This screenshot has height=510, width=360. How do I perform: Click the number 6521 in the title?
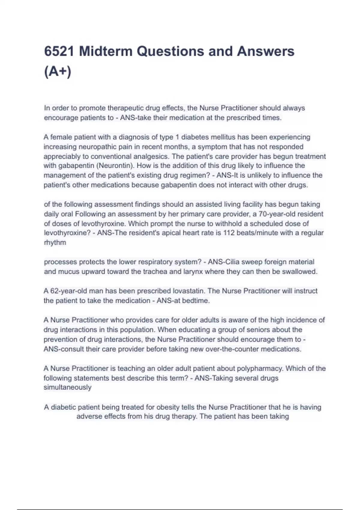click(x=59, y=51)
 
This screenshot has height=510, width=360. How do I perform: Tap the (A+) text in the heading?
click(x=58, y=72)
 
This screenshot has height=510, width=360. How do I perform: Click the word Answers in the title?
click(x=265, y=51)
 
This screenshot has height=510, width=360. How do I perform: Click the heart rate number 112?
click(x=229, y=233)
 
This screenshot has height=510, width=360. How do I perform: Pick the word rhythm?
click(x=55, y=242)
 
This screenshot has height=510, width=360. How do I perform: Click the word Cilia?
click(x=232, y=262)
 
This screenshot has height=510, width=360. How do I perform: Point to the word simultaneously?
click(x=67, y=387)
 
